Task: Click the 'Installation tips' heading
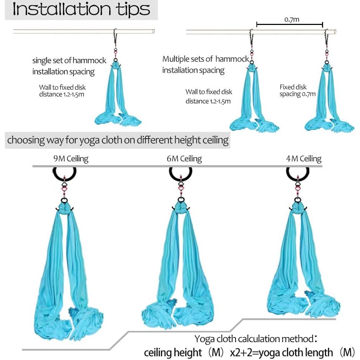(81, 10)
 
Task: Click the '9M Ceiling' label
(71, 159)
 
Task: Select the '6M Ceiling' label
(184, 159)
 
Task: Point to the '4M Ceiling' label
(303, 159)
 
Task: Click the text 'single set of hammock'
(69, 60)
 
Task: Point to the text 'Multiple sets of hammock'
(205, 59)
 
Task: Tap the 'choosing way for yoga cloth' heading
(118, 140)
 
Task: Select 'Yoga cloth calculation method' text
(253, 339)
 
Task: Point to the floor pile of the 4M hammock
(302, 304)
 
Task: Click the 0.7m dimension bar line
(290, 25)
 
